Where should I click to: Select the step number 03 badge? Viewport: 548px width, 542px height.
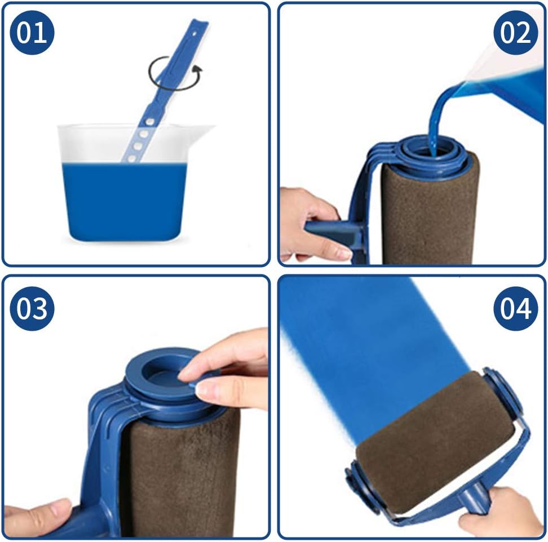coord(31,308)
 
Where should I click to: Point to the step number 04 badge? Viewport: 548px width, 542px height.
coord(515,308)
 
